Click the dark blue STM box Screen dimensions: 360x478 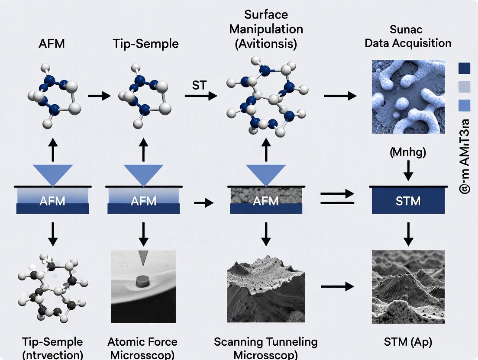tap(408, 201)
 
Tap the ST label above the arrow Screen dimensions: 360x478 tap(199, 85)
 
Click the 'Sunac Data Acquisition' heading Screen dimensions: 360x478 tap(408, 37)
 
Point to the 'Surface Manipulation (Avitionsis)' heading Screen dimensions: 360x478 tap(266, 29)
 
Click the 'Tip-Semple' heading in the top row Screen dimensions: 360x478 tap(145, 43)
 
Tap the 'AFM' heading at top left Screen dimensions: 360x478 tap(52, 43)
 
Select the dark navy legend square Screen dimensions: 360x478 tap(464, 68)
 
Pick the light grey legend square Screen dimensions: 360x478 tap(464, 87)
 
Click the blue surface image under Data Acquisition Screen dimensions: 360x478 tap(408, 96)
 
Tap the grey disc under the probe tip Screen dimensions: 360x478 tap(142, 281)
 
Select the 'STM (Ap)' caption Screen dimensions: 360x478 tap(408, 342)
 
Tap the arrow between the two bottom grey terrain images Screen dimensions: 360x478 tap(337, 286)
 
